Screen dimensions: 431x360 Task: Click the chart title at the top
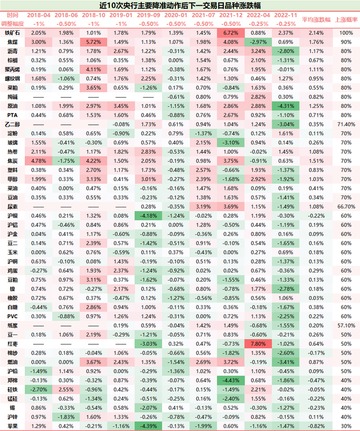[x=180, y=6]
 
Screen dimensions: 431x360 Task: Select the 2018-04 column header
[x=39, y=16]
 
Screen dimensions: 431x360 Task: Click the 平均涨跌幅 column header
[x=316, y=20]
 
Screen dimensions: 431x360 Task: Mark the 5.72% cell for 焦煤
[x=94, y=42]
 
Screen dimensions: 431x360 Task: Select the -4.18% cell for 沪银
[x=149, y=215]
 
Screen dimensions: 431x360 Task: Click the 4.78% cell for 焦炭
[x=39, y=160]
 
